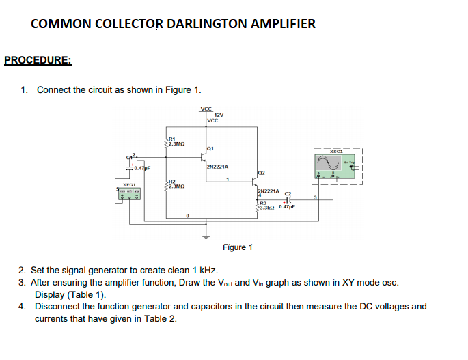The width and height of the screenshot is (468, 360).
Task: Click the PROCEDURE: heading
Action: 38,60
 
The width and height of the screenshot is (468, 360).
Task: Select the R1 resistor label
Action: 172,139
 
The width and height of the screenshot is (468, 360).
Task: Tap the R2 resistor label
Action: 172,181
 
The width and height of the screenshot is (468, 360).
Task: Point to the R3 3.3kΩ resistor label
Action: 266,204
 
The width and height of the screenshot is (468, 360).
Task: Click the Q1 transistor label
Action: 210,148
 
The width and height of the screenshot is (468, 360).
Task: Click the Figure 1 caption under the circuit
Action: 238,247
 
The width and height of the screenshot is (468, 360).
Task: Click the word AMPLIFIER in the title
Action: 282,24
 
